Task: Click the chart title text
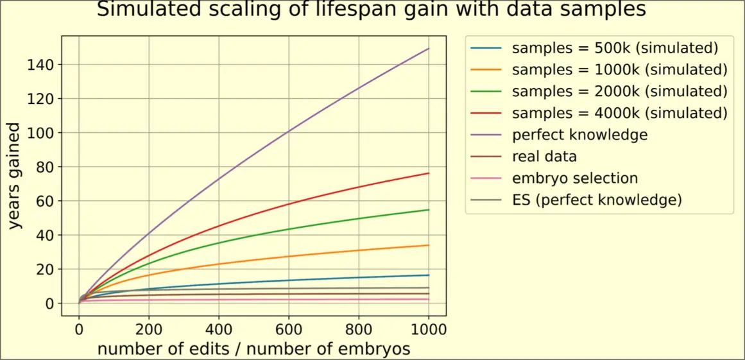(372, 10)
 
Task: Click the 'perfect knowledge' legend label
(579, 135)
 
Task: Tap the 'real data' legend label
(544, 157)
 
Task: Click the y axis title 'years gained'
(14, 176)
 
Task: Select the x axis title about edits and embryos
(253, 348)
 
